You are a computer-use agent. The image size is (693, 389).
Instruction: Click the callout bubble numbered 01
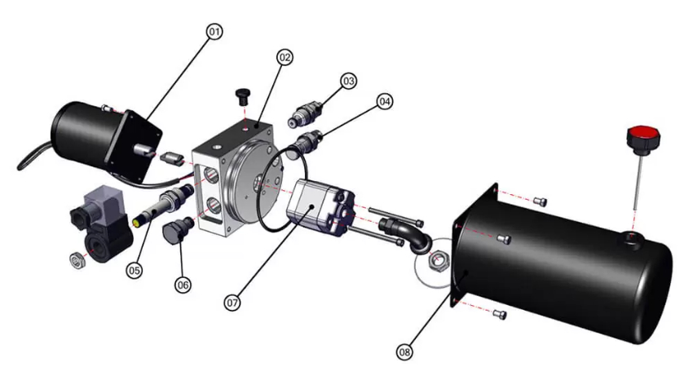pos(214,31)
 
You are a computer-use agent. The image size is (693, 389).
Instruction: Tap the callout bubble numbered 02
pos(285,57)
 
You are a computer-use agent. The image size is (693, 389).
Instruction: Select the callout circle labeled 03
pos(349,81)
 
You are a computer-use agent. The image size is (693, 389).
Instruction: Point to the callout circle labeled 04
pos(385,102)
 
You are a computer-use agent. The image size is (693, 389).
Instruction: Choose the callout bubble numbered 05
pos(135,270)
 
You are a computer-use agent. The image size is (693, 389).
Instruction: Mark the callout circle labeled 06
pos(183,285)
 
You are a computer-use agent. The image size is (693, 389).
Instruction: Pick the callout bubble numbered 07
pos(232,303)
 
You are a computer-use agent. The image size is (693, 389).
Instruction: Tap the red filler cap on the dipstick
pos(643,138)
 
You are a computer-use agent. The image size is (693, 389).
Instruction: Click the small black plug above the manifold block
pos(242,96)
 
